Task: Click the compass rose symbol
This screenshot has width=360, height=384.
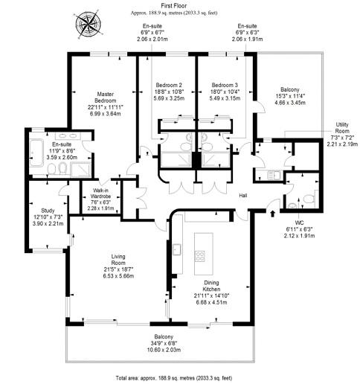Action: tap(88, 25)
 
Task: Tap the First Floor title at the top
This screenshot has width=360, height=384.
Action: tap(174, 6)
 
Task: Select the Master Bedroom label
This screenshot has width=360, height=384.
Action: tap(106, 97)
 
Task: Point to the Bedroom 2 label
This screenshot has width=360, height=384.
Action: tap(169, 85)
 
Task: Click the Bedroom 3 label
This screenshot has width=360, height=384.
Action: tap(225, 85)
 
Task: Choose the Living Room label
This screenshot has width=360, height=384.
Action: tap(118, 260)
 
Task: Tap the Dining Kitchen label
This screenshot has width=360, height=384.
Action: tap(211, 286)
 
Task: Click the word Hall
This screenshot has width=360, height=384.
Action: tap(243, 196)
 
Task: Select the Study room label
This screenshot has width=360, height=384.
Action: tap(48, 211)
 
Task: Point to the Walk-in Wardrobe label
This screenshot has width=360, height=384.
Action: tap(102, 193)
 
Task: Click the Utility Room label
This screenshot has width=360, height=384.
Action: tap(342, 128)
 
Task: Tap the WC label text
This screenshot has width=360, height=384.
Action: tap(300, 223)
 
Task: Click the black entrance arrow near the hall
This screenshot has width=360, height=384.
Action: tap(272, 214)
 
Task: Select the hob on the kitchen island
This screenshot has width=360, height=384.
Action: tap(200, 256)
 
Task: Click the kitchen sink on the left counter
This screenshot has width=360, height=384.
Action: tap(177, 249)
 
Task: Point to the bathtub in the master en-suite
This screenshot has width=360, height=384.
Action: tap(36, 153)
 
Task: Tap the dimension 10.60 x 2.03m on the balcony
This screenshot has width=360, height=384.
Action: tap(164, 350)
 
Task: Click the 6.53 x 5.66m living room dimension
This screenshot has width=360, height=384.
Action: tap(118, 276)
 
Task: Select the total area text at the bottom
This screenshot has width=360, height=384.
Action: tap(174, 378)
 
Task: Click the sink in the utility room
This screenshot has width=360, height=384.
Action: tap(274, 175)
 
